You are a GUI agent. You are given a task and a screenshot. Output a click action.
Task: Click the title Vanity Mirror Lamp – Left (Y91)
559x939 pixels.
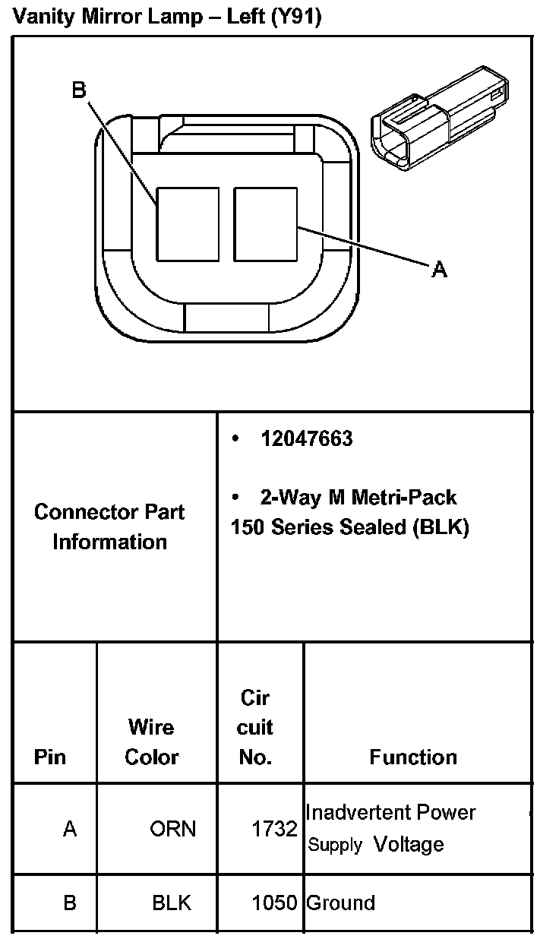point(168,17)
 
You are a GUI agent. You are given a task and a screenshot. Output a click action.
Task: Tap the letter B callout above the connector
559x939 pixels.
point(79,90)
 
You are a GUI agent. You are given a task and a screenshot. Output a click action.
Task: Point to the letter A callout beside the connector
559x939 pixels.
point(439,269)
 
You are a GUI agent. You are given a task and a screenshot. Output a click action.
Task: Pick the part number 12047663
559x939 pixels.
point(306,439)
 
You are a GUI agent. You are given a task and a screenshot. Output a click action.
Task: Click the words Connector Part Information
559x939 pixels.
point(109,526)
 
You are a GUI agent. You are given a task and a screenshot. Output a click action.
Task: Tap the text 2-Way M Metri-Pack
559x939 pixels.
point(358,497)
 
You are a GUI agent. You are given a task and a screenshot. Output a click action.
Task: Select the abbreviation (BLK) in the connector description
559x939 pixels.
point(441,527)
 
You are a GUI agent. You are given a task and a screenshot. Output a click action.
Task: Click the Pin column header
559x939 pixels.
point(50,757)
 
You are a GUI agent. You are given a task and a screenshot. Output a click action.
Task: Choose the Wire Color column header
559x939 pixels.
point(152,741)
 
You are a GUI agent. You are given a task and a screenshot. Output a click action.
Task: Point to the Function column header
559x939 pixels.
point(413,757)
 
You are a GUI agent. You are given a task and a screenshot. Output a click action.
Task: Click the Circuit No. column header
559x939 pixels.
point(255,727)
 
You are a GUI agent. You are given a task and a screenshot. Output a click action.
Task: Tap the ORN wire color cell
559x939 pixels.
point(172,828)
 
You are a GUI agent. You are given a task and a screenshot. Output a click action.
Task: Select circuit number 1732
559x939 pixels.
point(274,829)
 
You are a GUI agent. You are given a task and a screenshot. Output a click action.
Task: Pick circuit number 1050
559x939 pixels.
point(274,903)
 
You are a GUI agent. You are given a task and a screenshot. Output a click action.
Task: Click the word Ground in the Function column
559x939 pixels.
point(340,903)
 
